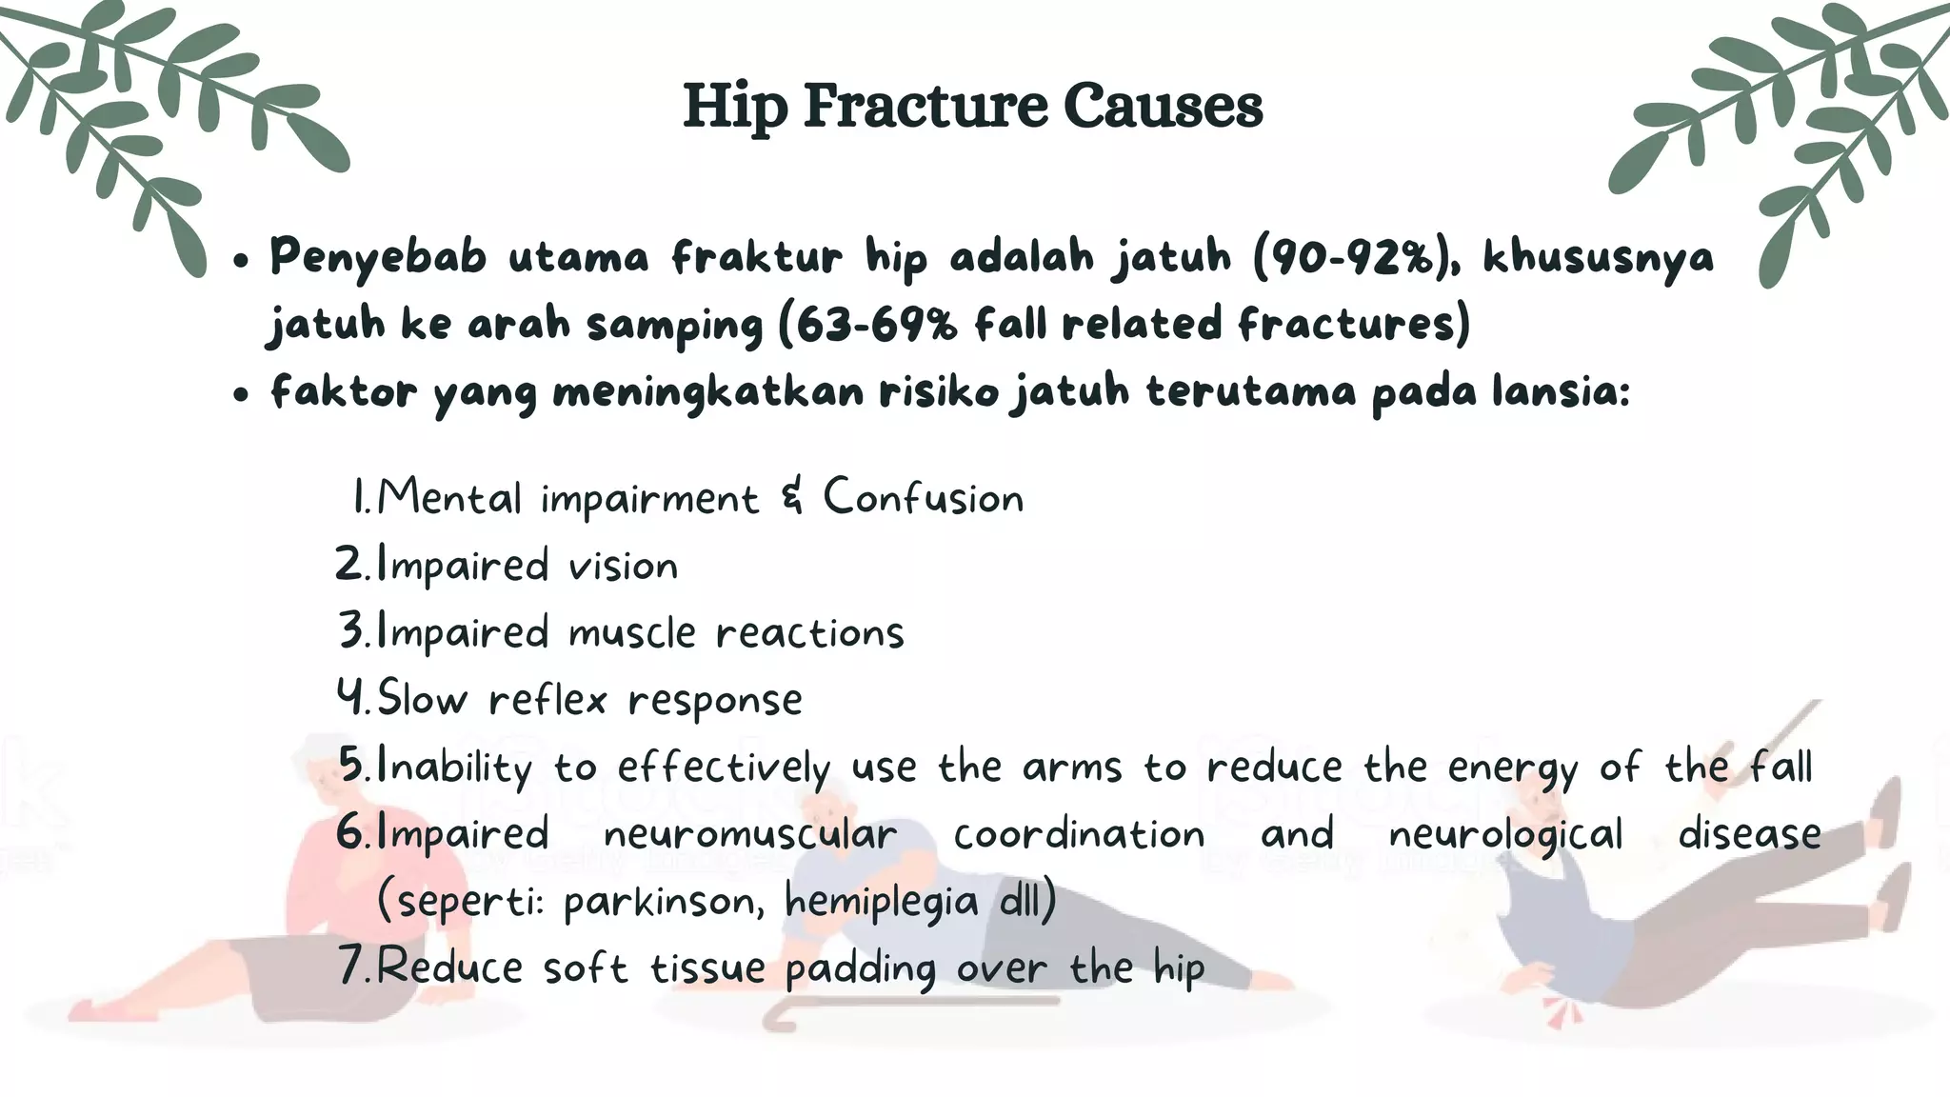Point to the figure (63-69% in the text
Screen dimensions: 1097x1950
867,325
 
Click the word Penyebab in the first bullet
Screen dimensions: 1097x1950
378,256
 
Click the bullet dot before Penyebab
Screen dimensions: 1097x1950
241,260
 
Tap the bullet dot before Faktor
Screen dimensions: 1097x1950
241,394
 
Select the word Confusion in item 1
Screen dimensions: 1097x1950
923,497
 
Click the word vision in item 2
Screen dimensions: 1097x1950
623,566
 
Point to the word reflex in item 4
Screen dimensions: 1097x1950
547,700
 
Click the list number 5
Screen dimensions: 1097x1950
351,766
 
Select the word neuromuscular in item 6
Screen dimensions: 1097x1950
750,834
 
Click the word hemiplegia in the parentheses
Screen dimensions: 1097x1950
882,901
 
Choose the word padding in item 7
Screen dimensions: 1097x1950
861,969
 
